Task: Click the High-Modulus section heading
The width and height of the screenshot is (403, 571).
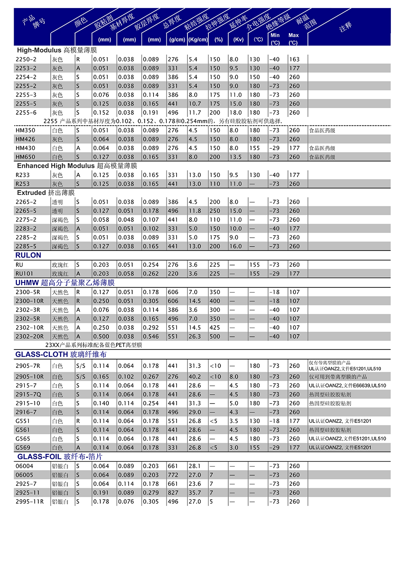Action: tap(57, 50)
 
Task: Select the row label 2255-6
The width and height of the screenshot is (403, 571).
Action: tap(26, 113)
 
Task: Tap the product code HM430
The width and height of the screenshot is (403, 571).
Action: tap(25, 148)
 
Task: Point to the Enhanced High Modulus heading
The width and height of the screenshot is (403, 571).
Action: tap(77, 166)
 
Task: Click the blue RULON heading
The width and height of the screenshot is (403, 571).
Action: tap(28, 255)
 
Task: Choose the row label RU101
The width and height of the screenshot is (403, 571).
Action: tap(25, 274)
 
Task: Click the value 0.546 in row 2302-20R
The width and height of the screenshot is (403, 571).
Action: tap(151, 337)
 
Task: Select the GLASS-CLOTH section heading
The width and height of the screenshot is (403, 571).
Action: tap(61, 354)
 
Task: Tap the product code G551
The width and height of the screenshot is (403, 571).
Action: tap(23, 421)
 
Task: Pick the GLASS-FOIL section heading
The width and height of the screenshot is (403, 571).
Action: tap(60, 457)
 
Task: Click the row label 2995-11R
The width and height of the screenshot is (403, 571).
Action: tap(29, 502)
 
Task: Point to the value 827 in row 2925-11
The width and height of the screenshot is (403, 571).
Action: tap(173, 493)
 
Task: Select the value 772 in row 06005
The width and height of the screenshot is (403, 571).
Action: tap(173, 475)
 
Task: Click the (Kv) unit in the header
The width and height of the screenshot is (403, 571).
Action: tap(239, 40)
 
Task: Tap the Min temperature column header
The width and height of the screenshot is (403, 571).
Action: tap(275, 36)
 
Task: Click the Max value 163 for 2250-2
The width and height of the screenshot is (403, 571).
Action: tap(295, 59)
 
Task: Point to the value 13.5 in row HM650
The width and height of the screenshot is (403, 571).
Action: tap(235, 157)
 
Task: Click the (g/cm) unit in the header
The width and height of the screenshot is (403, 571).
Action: tap(177, 40)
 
